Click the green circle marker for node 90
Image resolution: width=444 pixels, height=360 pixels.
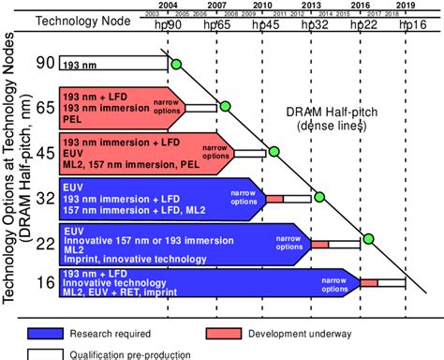[x=175, y=64]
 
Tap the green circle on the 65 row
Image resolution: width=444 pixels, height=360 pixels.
[x=224, y=105]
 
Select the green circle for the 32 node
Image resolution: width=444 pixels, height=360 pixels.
[x=320, y=197]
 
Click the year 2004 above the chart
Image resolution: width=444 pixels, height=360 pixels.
[x=170, y=6]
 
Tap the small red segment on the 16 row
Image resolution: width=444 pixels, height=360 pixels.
[x=368, y=282]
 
